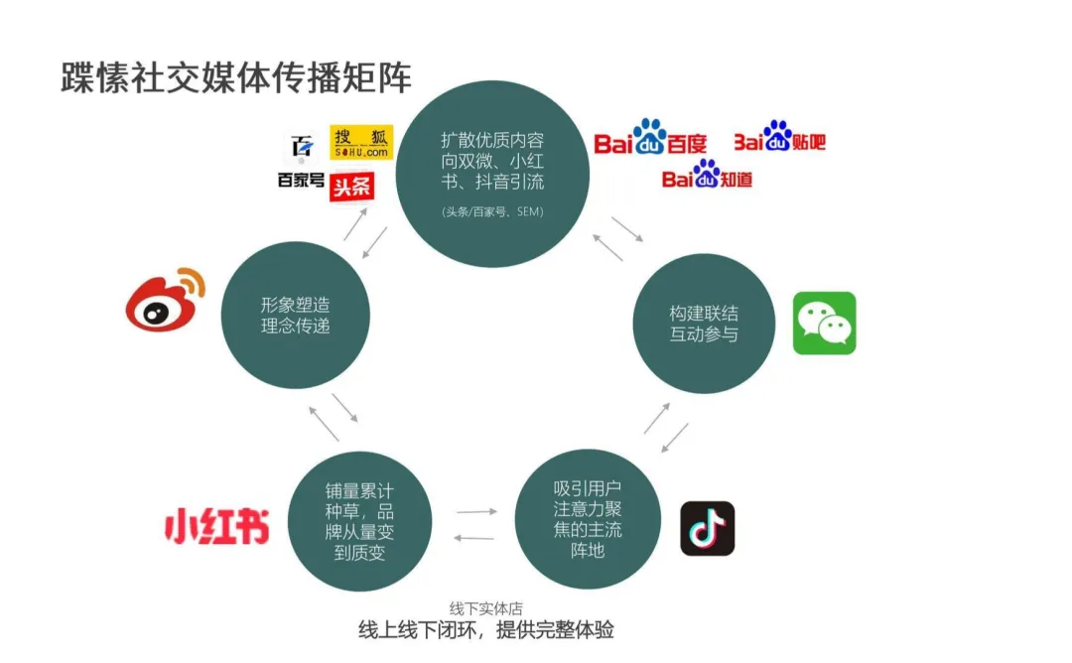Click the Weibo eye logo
(164, 300)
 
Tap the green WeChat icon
(824, 323)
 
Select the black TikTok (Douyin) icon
(707, 528)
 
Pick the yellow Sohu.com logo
(361, 143)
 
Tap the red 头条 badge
(352, 186)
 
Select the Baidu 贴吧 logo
(779, 138)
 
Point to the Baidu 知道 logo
(707, 176)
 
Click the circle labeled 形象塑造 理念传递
(295, 315)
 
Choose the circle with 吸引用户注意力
(588, 519)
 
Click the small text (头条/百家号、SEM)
(492, 212)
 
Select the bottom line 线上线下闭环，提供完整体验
(486, 630)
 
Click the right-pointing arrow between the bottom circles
(475, 512)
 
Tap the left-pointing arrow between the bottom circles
(473, 537)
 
